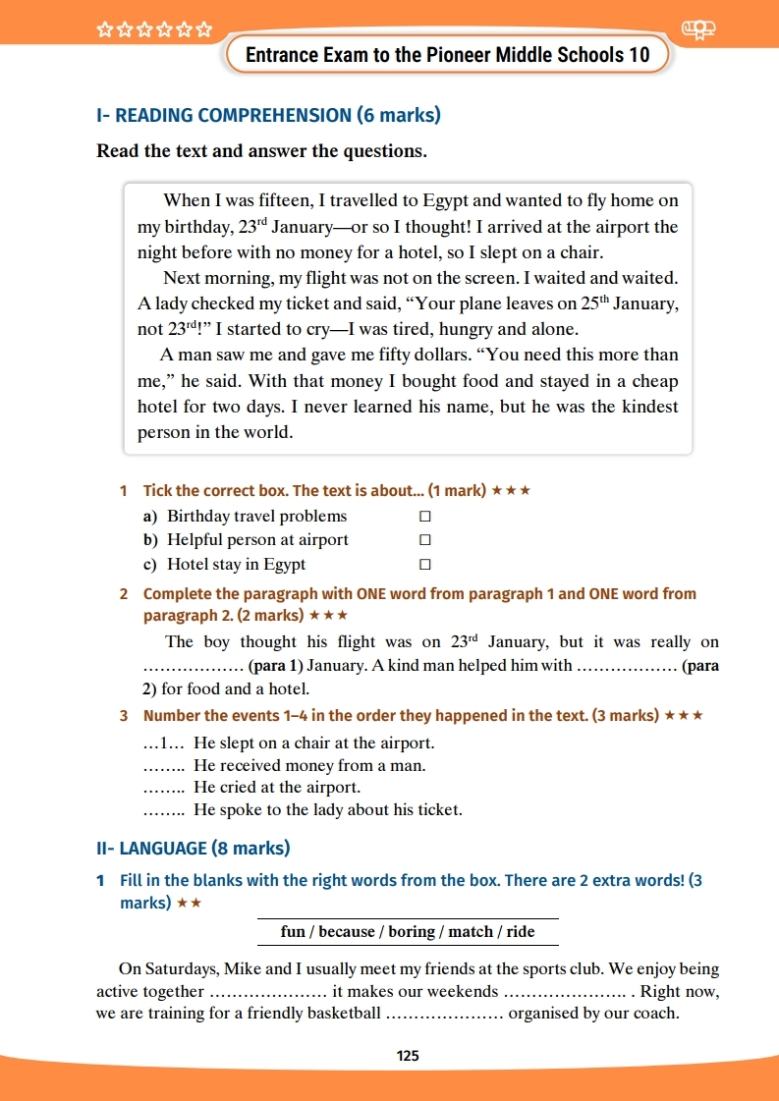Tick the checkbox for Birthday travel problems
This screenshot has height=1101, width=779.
(425, 516)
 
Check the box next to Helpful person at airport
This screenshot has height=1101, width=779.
(425, 540)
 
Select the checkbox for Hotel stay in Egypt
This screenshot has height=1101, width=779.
(425, 565)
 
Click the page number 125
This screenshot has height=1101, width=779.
(408, 1056)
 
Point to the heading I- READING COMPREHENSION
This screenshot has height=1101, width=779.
(268, 115)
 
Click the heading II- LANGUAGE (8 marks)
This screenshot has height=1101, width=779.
(194, 848)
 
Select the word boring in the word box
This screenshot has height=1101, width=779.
(413, 931)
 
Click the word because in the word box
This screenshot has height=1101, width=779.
(347, 931)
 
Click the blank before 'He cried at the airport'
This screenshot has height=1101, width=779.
(164, 788)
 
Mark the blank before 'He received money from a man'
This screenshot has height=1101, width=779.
(164, 766)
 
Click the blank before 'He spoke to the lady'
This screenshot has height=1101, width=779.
(164, 810)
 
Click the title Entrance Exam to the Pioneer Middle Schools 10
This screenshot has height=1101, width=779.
(447, 55)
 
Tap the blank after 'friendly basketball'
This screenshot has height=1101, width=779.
(445, 1014)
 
